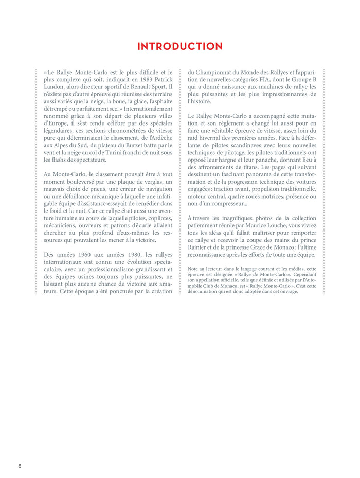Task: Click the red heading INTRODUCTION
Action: pos(180,47)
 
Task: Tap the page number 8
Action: pos(20,466)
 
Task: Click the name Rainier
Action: pos(200,247)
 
